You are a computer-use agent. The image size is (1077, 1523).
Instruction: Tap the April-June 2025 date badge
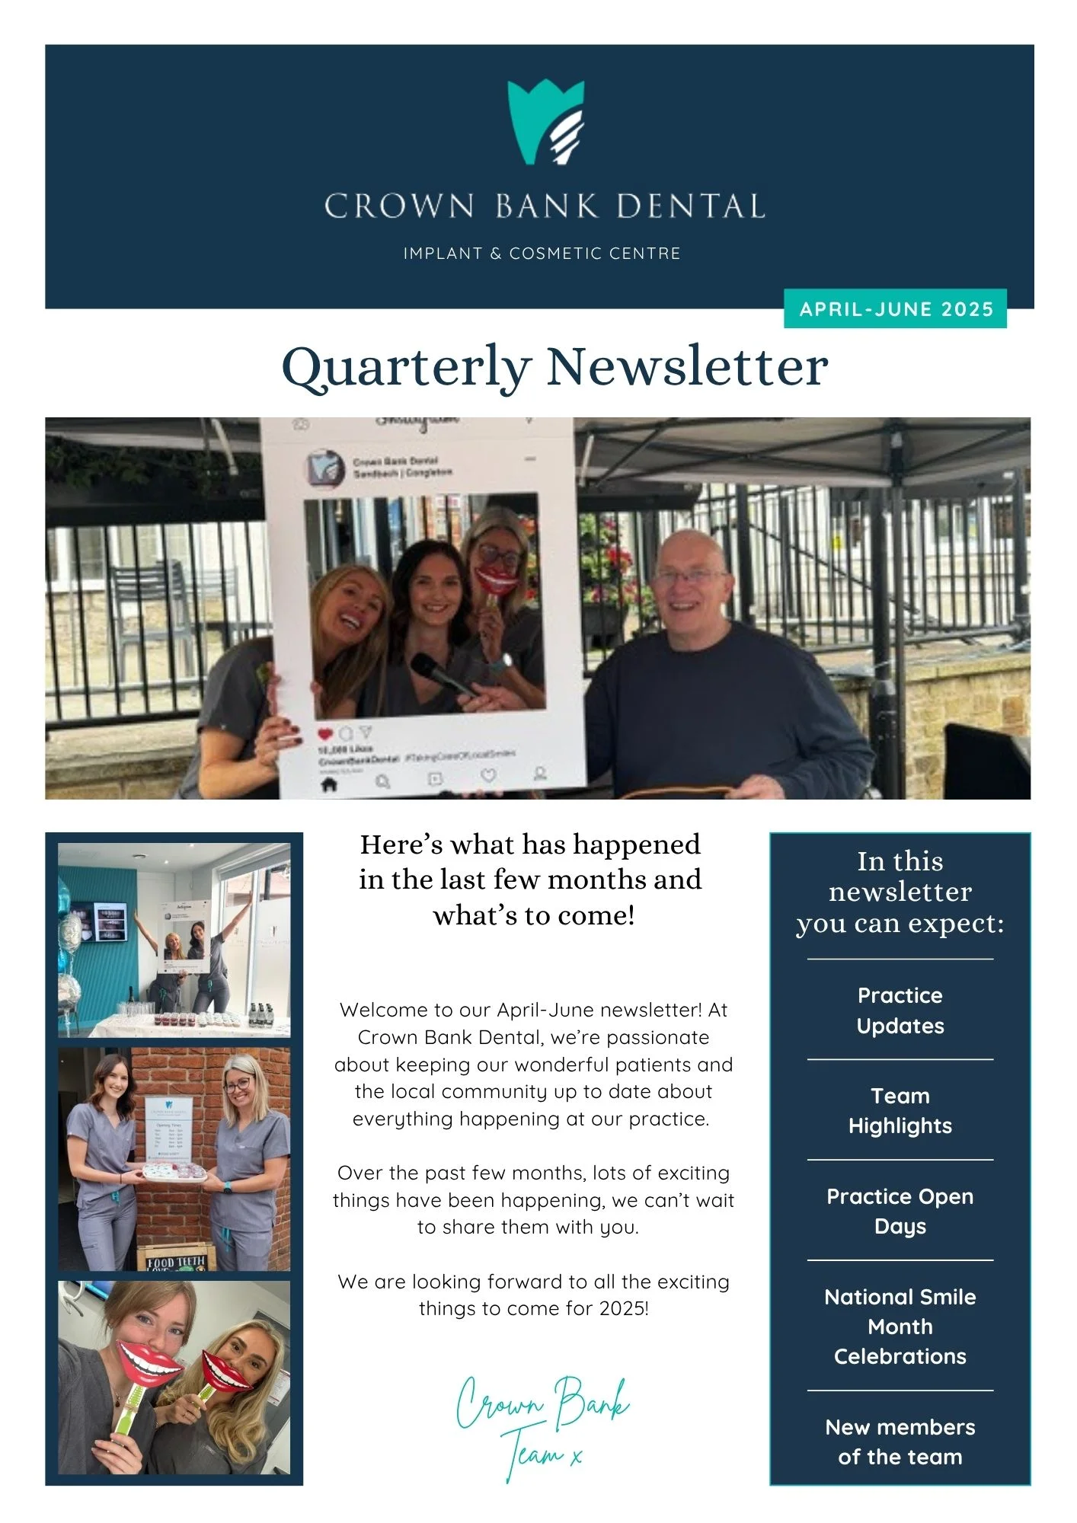coord(895,309)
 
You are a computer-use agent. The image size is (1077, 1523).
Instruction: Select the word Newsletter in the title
coord(687,368)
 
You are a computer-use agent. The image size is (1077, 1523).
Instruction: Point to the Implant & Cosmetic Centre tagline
coord(542,254)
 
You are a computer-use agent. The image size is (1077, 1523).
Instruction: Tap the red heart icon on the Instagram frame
coord(325,734)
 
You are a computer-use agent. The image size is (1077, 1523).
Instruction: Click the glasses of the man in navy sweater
coord(690,576)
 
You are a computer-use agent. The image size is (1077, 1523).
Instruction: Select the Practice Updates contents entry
coord(900,1011)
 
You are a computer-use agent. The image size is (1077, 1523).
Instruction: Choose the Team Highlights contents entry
coord(900,1110)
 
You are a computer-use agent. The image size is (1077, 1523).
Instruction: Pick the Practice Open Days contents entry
coord(900,1211)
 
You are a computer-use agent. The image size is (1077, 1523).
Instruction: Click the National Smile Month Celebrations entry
coord(900,1326)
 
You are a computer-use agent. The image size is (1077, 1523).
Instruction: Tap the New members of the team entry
coord(900,1442)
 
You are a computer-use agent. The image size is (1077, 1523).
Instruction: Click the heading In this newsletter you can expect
coord(900,892)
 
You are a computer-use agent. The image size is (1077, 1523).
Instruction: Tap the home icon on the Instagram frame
coord(329,784)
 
